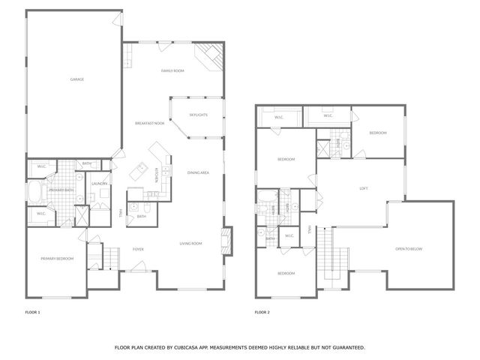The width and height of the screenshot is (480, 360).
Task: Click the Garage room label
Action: tap(76, 79)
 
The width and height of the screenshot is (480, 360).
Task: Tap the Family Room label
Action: tap(172, 70)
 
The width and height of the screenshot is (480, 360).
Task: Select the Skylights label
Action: tap(198, 115)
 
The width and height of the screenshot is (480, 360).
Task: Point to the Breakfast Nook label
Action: tap(149, 123)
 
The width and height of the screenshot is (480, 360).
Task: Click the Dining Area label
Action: tap(198, 173)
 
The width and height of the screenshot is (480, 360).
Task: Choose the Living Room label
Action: tap(191, 243)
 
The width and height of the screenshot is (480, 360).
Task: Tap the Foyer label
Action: tap(139, 249)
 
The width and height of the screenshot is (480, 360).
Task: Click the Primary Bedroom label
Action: tap(57, 259)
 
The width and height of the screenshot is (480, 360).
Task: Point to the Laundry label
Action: tap(99, 184)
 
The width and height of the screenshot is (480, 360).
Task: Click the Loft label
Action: tap(364, 188)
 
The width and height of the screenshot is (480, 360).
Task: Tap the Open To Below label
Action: tap(409, 249)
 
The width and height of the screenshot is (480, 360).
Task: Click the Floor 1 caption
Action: tap(33, 310)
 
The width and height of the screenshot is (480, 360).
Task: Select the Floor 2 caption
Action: tap(262, 310)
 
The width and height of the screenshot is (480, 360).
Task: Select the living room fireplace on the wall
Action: tap(226, 241)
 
